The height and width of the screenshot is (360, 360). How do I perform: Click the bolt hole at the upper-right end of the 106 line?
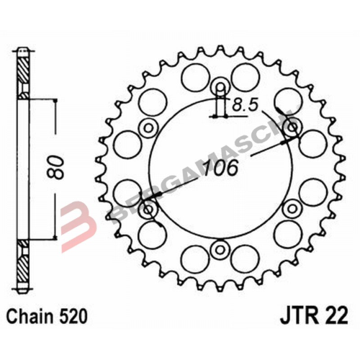tap(292, 128)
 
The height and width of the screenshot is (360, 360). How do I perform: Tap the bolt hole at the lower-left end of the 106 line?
tap(150, 211)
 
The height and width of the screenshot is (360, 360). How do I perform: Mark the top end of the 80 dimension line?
tap(55, 99)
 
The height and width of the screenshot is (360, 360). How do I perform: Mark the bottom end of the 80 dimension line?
tap(55, 240)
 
